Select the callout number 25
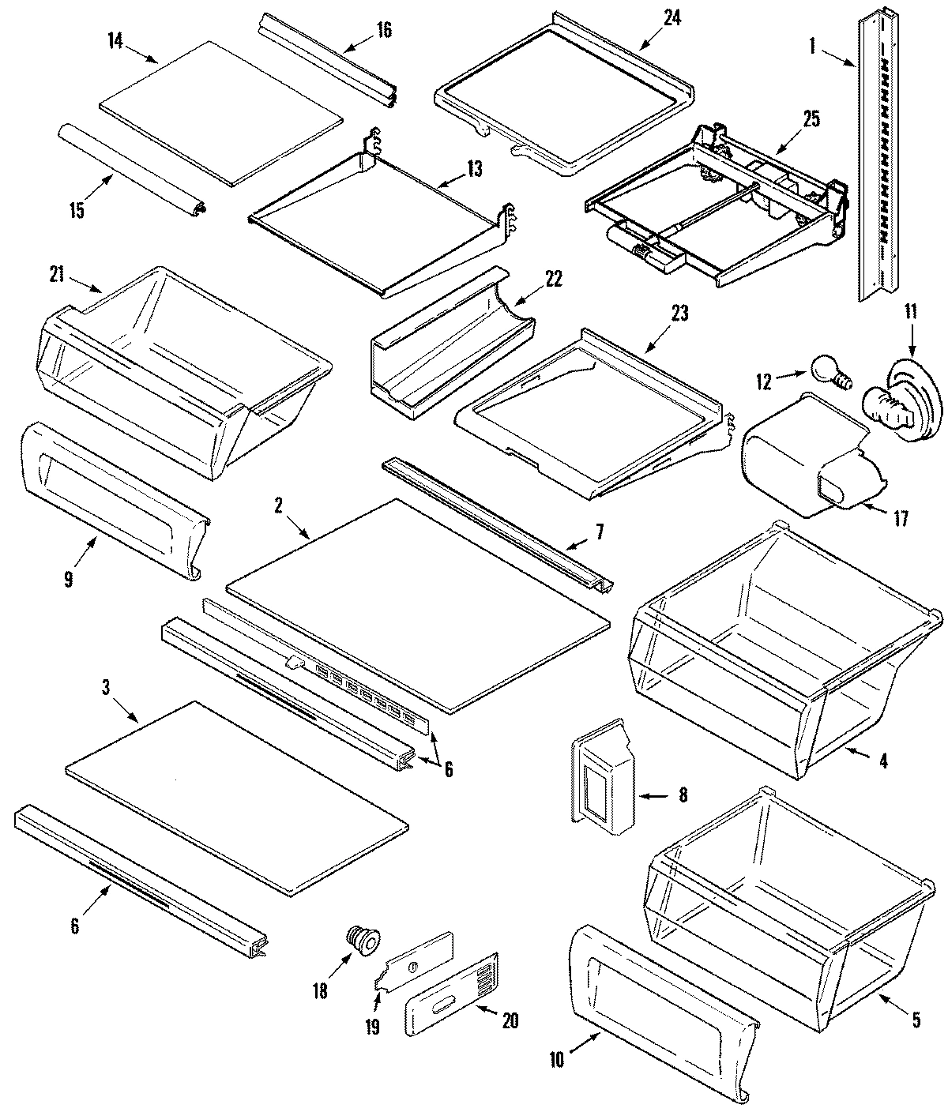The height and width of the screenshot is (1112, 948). (811, 119)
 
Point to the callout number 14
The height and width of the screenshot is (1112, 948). (115, 39)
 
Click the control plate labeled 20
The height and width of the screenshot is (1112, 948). (453, 1002)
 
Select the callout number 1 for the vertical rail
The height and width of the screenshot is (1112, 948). (811, 47)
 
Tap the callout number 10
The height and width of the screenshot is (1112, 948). (556, 1061)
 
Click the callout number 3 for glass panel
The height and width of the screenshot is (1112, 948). (105, 686)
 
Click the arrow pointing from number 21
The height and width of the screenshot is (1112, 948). (88, 284)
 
